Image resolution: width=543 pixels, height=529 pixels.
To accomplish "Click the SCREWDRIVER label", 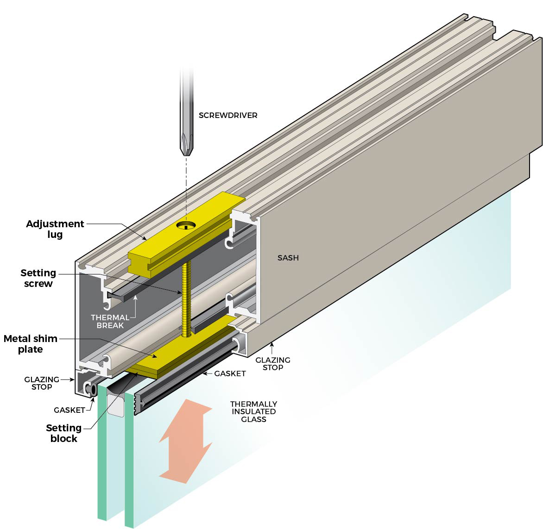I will tap(228, 115).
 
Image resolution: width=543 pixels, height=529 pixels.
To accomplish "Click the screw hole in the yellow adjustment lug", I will tap(186, 225).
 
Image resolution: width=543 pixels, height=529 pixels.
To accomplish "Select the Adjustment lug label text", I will tap(55, 229).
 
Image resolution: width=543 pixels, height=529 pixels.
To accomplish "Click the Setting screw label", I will tap(38, 278).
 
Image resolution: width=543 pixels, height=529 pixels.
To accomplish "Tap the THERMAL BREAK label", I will tap(110, 321).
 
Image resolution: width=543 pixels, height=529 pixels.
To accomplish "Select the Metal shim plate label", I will tap(31, 344).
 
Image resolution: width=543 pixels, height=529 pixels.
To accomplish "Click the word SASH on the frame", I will tap(288, 258).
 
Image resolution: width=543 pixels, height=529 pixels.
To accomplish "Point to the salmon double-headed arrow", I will tap(185, 440).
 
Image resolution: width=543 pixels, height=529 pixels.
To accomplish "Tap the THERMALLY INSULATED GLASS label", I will tap(253, 411).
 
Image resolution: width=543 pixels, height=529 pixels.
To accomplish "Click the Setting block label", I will tap(63, 433).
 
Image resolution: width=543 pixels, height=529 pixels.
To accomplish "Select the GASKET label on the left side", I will tap(69, 410).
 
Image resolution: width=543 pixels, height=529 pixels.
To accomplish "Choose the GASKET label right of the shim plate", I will tap(230, 373).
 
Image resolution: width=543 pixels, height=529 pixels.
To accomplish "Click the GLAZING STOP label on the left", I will tap(42, 383).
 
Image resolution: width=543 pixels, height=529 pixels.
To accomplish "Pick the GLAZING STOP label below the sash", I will tap(273, 363).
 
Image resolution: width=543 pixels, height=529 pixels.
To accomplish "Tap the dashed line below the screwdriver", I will tap(187, 185).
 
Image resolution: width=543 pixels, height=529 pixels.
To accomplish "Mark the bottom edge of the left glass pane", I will tap(103, 518).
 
